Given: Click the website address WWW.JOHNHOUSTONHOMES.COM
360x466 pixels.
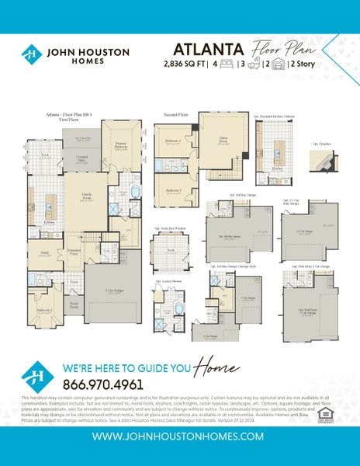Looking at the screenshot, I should click(180, 436).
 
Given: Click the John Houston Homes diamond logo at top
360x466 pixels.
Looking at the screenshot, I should click(31, 54).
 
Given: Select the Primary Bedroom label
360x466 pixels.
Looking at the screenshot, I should click(121, 144).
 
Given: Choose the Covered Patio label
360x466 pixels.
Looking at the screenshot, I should click(81, 158).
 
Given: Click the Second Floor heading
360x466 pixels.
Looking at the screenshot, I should click(177, 114).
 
